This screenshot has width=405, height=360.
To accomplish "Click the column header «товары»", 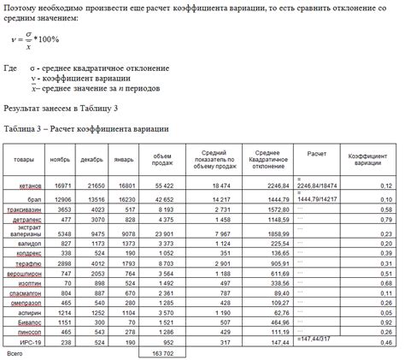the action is coord(24,159).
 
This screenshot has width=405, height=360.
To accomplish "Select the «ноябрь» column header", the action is coord(60,159).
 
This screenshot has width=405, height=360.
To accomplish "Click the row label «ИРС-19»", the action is coord(32,340).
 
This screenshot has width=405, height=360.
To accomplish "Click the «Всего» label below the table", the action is coord(15,351).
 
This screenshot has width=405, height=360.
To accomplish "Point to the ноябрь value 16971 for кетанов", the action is coord(62,185).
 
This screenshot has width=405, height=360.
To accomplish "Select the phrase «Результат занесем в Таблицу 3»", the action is coord(61,109).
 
